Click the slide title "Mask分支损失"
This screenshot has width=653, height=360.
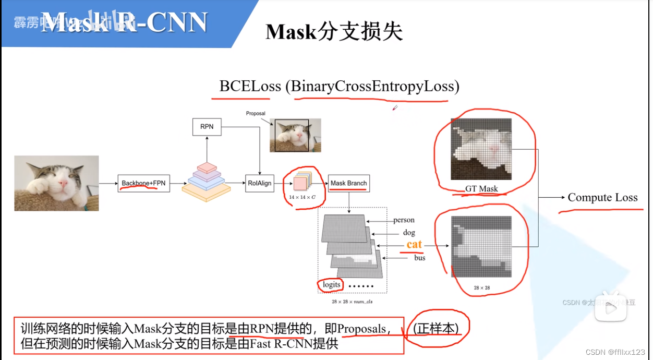(x=334, y=32)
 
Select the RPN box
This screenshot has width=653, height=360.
(x=207, y=126)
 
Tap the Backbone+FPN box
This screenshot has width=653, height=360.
(x=143, y=184)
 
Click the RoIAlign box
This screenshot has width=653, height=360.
(x=259, y=183)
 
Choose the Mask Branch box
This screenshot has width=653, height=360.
(x=349, y=183)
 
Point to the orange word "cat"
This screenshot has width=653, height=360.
(x=414, y=244)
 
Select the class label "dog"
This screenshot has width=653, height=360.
(x=409, y=233)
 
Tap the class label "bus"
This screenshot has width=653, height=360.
(x=419, y=258)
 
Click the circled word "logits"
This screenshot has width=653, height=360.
(x=331, y=285)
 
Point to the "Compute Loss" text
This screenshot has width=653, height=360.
(x=602, y=197)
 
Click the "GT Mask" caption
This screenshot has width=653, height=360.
(x=481, y=189)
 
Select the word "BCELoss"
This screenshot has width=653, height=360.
(x=250, y=86)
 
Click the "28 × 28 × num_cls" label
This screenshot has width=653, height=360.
(x=352, y=302)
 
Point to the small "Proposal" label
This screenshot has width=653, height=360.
(x=256, y=113)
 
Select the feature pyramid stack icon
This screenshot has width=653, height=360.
(x=207, y=182)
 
